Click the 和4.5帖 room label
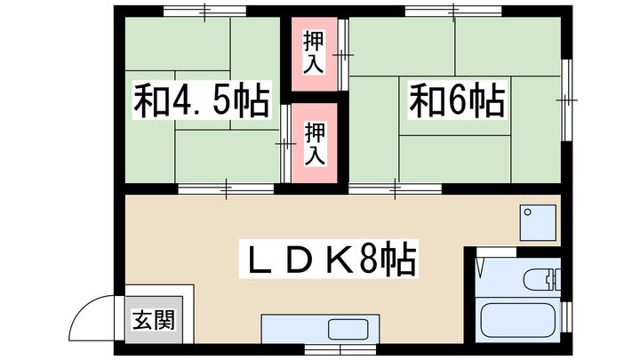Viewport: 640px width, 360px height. [202, 102]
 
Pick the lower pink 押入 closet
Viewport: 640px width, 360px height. [315, 143]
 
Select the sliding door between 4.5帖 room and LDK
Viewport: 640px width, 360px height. [226, 188]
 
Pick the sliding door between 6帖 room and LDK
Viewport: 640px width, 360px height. [396, 188]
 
